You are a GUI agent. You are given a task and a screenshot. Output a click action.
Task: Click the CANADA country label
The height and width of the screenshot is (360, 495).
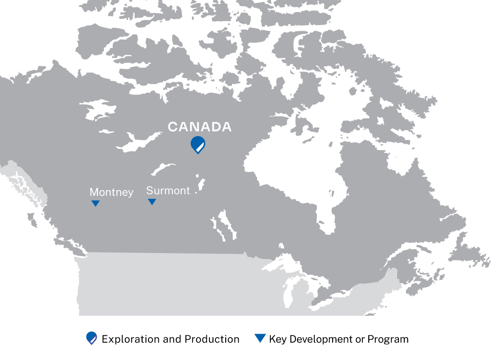(199, 127)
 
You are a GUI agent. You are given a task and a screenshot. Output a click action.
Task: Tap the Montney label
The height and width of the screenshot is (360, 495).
(111, 192)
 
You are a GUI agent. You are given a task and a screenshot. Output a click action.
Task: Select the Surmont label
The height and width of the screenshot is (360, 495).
(168, 191)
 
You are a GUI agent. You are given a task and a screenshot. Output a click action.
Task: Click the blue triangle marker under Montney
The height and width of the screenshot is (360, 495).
(96, 203)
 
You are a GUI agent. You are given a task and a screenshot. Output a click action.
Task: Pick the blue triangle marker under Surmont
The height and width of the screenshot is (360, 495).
(152, 202)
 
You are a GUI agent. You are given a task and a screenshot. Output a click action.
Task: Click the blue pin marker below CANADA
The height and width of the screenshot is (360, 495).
(198, 145)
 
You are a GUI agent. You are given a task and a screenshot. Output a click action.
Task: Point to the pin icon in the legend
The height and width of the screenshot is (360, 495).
(92, 338)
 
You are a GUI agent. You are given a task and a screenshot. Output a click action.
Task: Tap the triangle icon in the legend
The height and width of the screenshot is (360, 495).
(260, 338)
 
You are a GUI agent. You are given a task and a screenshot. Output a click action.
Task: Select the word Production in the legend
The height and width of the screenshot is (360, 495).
(212, 339)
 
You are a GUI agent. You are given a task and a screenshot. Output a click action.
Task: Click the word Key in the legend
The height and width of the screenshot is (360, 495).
(278, 339)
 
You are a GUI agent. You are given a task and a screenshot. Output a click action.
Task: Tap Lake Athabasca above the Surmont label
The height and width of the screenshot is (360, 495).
(163, 168)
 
